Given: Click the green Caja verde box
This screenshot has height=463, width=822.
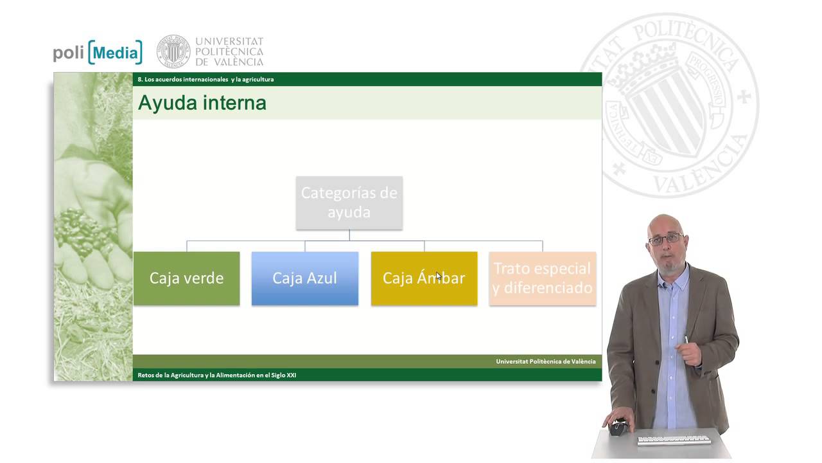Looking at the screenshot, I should point(186,278).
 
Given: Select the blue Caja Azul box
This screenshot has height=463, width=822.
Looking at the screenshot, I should point(304,278).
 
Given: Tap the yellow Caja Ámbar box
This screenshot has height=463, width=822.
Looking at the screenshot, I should point(424,278).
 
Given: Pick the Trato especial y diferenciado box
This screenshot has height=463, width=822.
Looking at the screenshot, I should point(542,278).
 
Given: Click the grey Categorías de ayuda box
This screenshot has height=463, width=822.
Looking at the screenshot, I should point(349,203).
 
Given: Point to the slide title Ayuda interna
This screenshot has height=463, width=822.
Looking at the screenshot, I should point(202,103).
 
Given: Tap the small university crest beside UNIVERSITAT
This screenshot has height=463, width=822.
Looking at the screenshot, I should point(173,51).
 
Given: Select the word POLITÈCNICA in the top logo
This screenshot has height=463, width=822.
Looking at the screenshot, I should point(229,51).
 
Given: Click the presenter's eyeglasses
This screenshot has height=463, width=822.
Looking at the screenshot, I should point(665,239).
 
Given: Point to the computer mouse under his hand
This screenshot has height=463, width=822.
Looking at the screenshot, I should point(618,427).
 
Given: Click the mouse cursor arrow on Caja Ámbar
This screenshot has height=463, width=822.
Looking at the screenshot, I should point(439,276).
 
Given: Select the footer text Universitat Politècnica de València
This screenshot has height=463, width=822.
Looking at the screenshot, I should point(545,361).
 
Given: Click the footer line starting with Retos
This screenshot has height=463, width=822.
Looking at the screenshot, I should point(217,375).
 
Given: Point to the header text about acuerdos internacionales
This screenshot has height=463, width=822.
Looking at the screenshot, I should point(205,80).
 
